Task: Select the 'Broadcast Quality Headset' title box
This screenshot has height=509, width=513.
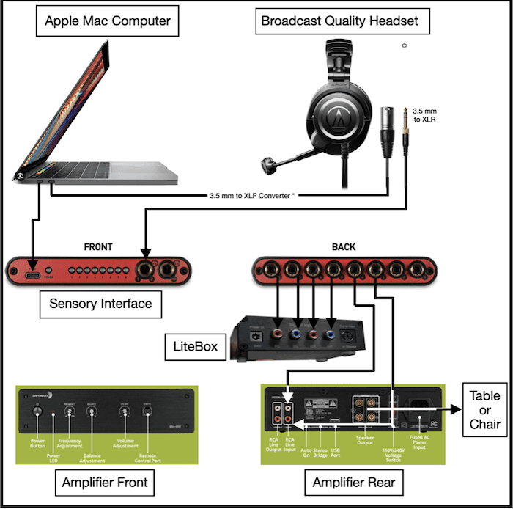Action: [x=340, y=21]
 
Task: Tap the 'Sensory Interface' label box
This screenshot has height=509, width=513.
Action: [x=100, y=303]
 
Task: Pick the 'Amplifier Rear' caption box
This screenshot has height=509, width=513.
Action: [x=343, y=482]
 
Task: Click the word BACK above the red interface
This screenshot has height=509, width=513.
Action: [x=344, y=247]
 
